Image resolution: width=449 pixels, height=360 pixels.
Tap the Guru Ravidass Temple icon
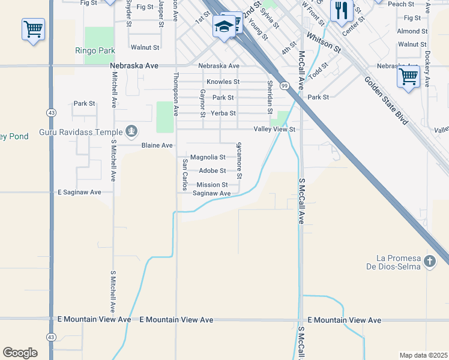[x=131, y=131]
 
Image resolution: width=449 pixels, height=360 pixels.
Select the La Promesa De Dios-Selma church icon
[x=429, y=262]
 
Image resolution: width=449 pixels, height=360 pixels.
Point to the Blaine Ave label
[x=157, y=145]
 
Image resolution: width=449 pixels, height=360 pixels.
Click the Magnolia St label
[x=208, y=157]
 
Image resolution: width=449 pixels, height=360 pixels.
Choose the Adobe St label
[x=212, y=170]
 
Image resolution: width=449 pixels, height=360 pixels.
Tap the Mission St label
[x=212, y=185]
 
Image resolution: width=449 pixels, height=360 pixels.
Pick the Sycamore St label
[x=239, y=160]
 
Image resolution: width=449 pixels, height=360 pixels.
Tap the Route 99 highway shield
[x=285, y=86]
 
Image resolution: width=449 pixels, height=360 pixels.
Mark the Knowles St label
[x=223, y=82]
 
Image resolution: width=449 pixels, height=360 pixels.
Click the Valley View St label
[x=275, y=129]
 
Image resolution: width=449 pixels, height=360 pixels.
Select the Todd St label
[x=319, y=71]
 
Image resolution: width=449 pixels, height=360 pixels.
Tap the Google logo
[x=20, y=353]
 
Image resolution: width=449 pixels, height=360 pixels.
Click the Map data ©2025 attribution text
[x=423, y=355]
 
